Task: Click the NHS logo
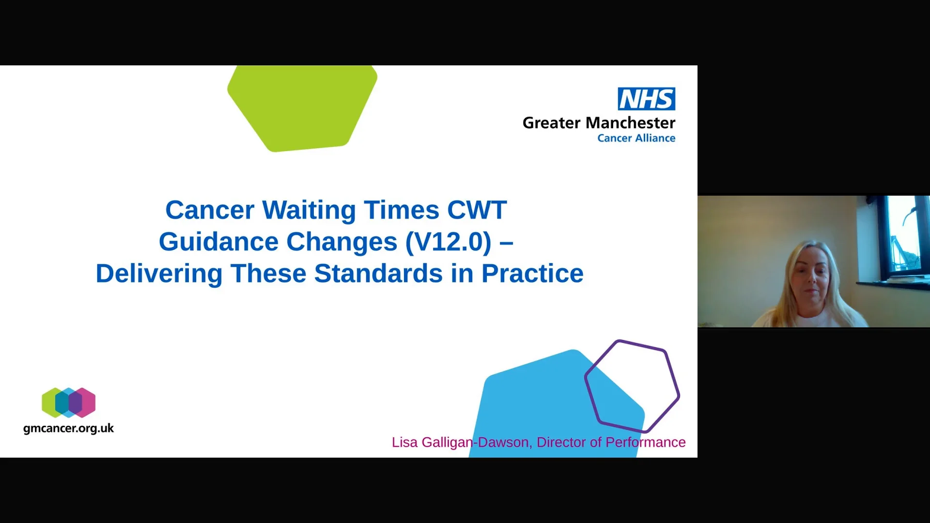pos(646,99)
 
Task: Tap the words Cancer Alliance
pos(636,138)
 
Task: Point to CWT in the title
pos(477,210)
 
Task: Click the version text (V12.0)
pos(448,242)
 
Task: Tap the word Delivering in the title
pos(159,274)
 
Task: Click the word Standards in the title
pos(378,274)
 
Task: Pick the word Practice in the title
pos(532,274)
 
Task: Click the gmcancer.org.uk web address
pos(68,429)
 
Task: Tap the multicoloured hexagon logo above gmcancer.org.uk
pos(68,402)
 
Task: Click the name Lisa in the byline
pos(404,442)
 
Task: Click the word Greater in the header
pos(551,123)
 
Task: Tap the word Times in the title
pos(402,210)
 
